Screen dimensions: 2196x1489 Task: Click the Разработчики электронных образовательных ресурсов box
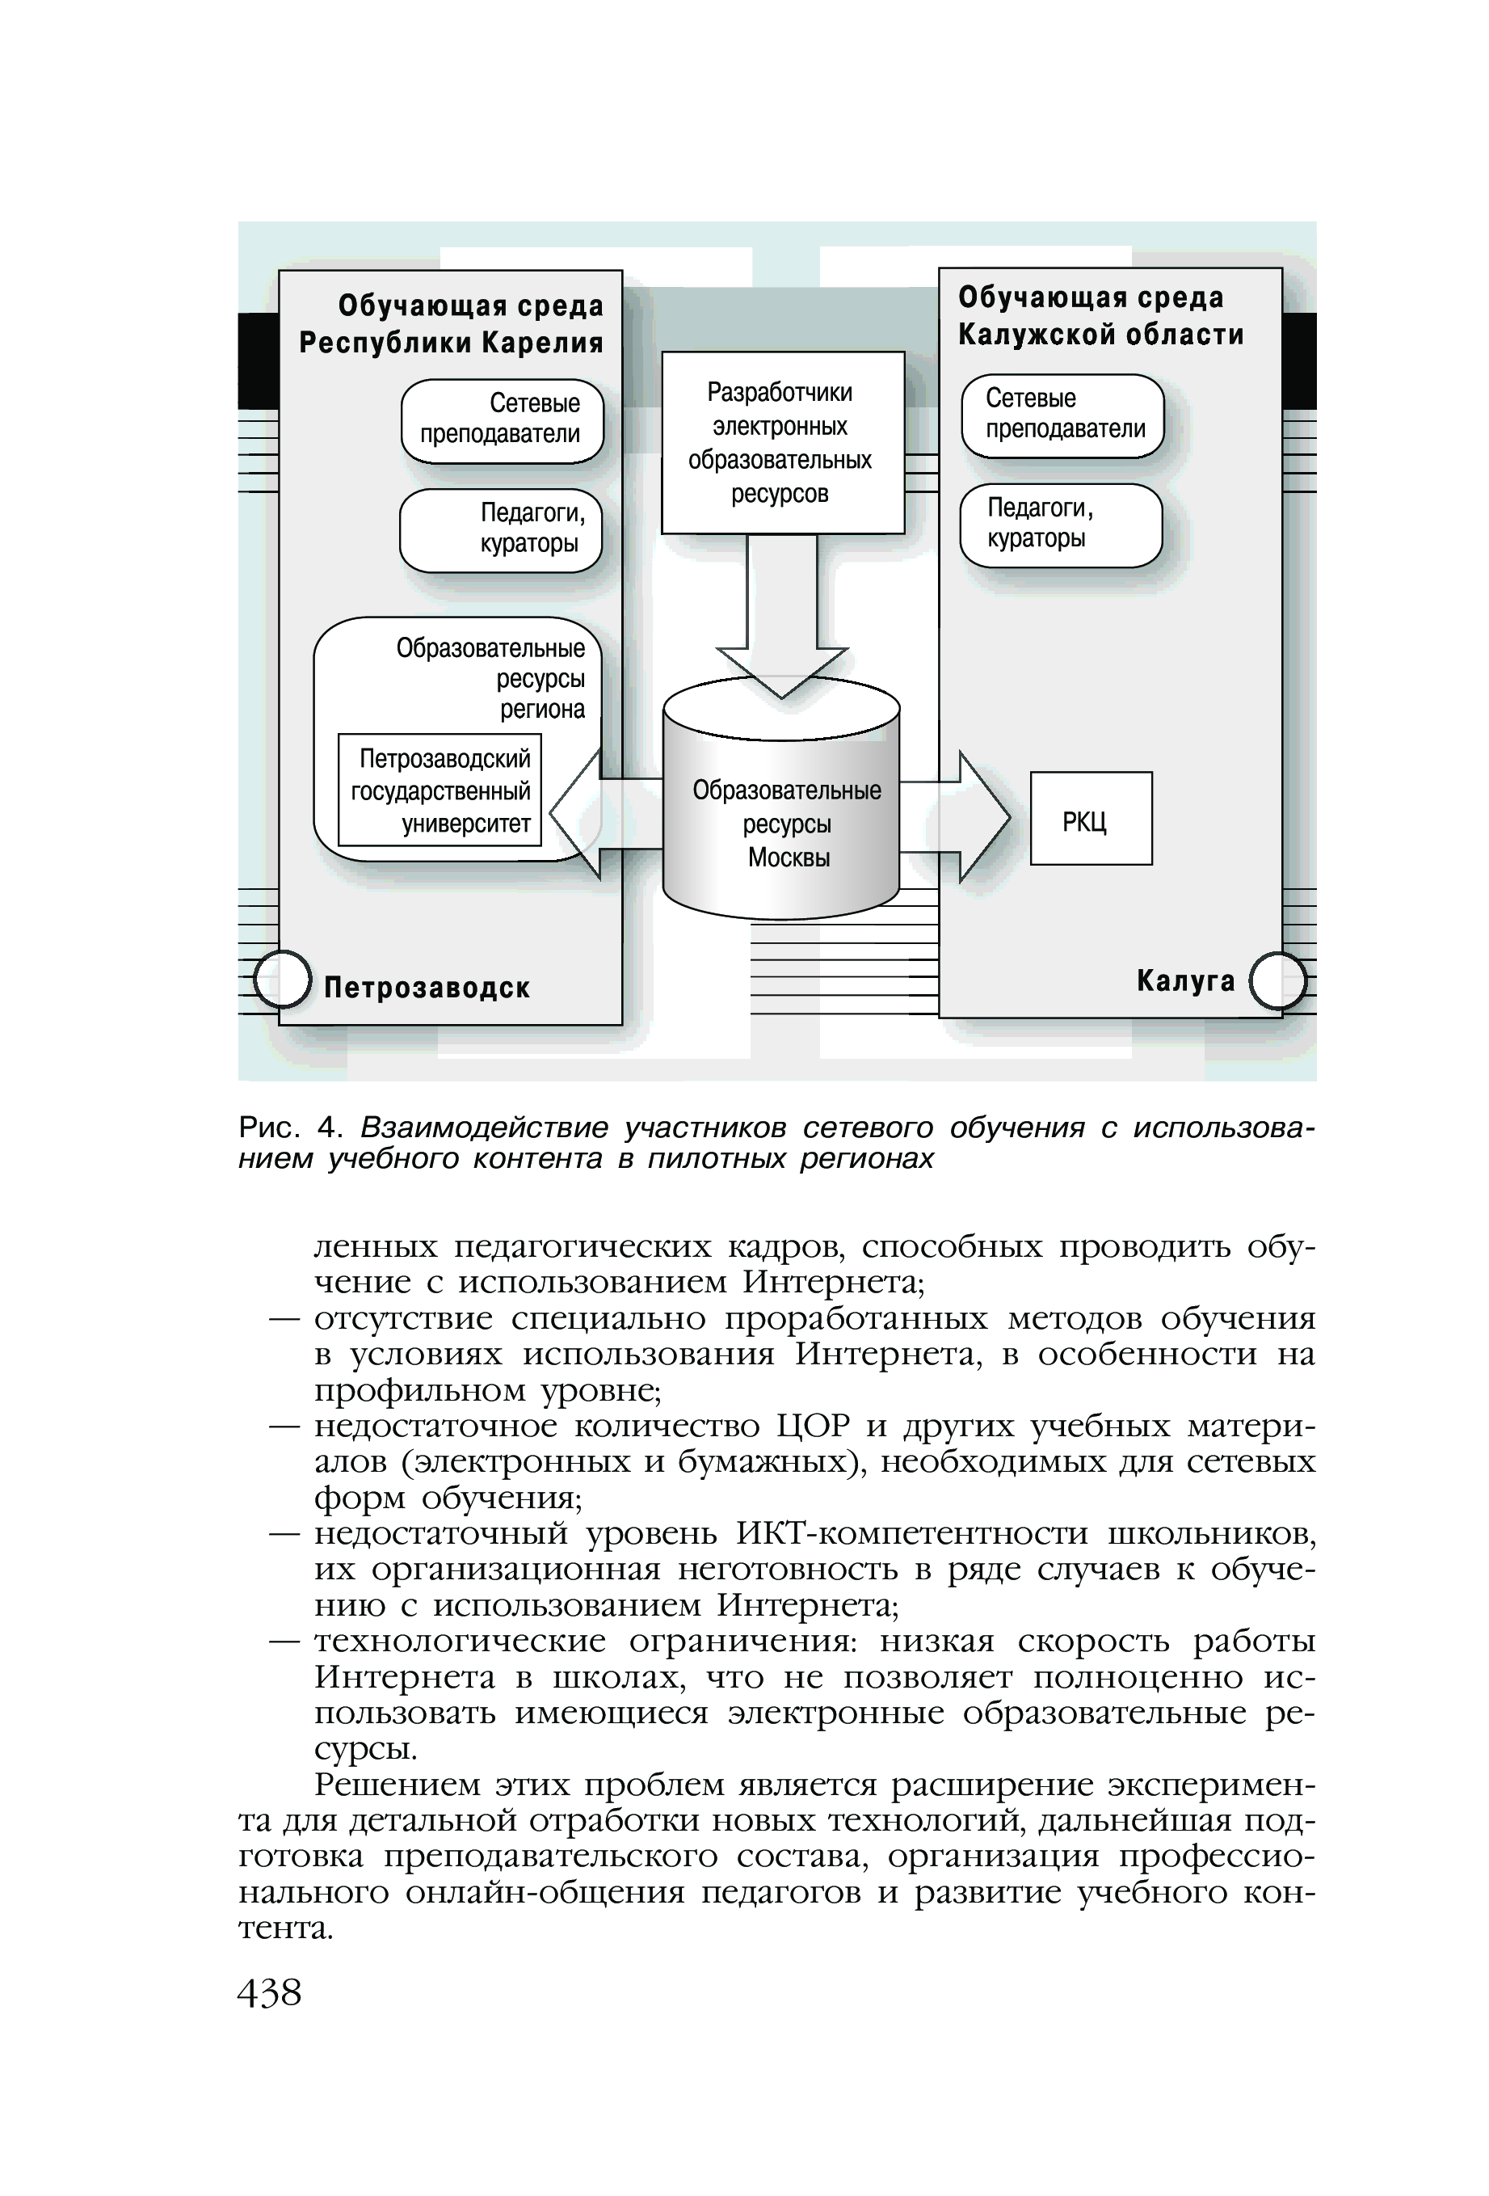(781, 442)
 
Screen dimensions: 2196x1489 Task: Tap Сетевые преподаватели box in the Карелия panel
(502, 420)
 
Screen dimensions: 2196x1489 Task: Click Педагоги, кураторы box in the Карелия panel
(500, 529)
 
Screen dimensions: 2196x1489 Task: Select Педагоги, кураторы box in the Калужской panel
(1060, 525)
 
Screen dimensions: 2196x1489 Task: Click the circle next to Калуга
(1277, 981)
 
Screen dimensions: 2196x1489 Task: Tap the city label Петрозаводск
(426, 988)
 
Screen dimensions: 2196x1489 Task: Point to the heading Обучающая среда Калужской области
(1100, 315)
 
